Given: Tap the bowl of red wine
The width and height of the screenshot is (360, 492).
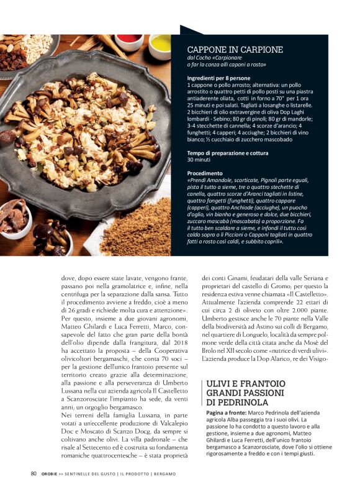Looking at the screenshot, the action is pyautogui.click(x=129, y=40).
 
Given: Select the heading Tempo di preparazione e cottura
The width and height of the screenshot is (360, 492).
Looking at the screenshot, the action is pyautogui.click(x=230, y=152).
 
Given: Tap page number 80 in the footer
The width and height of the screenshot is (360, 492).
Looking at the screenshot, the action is pyautogui.click(x=34, y=473).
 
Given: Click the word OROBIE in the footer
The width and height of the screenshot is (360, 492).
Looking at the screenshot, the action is pyautogui.click(x=51, y=474).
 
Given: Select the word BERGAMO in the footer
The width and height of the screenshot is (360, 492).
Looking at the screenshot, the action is pyautogui.click(x=160, y=474).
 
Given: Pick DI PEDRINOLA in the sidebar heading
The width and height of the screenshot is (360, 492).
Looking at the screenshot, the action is pyautogui.click(x=235, y=403).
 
